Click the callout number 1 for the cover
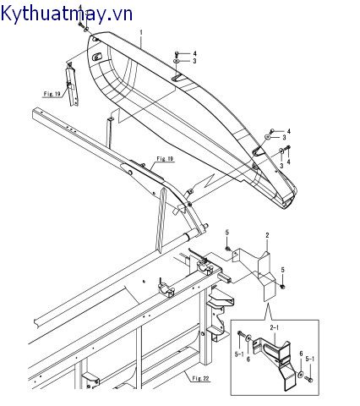pos(141,33)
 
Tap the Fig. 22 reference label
pos(201,378)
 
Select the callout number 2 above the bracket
pos(267,235)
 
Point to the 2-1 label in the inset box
pos(275,328)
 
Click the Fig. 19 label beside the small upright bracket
pos(52,94)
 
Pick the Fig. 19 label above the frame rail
pos(165,159)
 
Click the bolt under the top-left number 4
pos(80,25)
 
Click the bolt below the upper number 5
pos(227,248)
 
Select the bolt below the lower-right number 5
pos(283,286)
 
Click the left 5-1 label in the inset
pos(239,354)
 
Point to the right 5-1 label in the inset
pos(310,359)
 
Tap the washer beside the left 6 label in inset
pos(248,337)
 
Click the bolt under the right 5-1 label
pos(309,380)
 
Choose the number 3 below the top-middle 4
pos(194,61)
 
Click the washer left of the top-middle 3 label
pos(177,61)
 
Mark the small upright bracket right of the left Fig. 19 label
pos(72,85)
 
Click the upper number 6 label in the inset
pos(301,354)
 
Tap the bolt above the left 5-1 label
pos(239,334)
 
